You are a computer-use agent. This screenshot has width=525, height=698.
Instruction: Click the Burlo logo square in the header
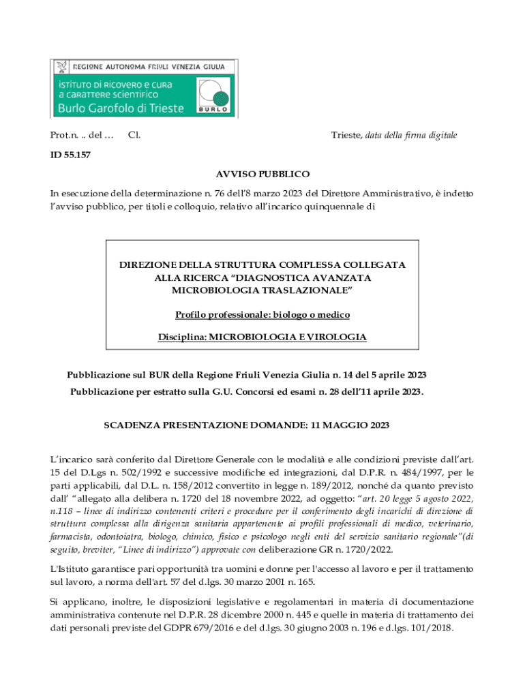(213, 95)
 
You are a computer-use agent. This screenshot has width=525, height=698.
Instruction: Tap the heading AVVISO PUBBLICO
(263, 174)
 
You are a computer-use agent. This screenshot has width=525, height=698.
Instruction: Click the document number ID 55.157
(70, 155)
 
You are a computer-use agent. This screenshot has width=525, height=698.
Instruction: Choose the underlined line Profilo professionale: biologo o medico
(262, 314)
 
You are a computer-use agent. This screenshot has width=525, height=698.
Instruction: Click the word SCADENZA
(128, 425)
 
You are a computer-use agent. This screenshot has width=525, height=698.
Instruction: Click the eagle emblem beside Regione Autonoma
(63, 67)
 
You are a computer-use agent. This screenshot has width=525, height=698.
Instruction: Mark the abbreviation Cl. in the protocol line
(134, 135)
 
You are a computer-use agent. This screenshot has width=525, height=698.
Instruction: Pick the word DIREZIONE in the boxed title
(149, 264)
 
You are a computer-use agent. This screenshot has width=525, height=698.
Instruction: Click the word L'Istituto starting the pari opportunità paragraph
(72, 568)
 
